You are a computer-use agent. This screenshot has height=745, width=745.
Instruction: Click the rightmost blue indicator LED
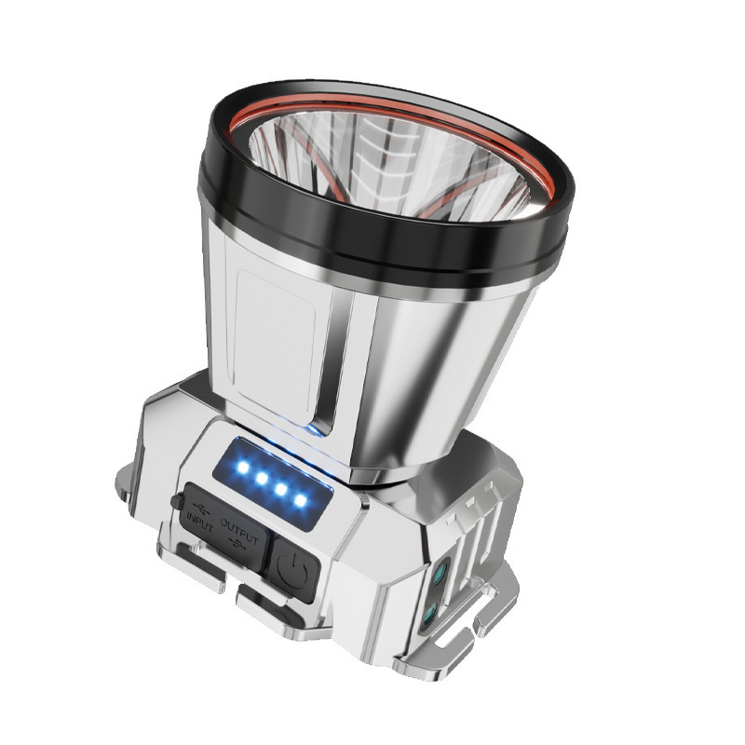(x=301, y=501)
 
